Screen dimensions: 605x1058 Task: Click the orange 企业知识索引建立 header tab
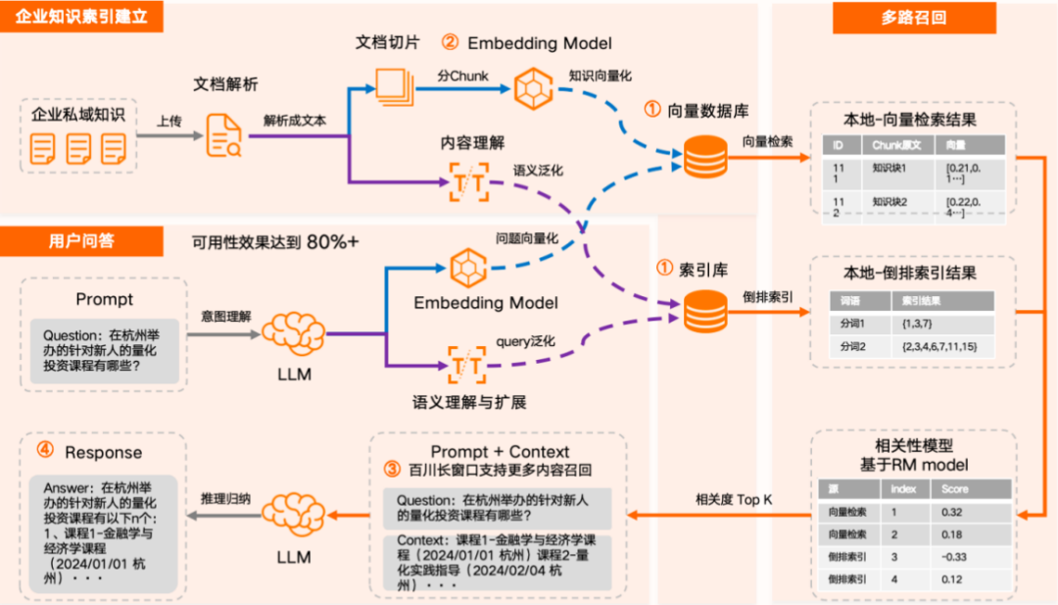click(x=81, y=17)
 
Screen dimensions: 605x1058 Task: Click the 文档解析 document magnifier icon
click(x=224, y=135)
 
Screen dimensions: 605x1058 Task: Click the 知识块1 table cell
click(x=890, y=168)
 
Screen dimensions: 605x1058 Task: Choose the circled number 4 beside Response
click(x=45, y=451)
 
